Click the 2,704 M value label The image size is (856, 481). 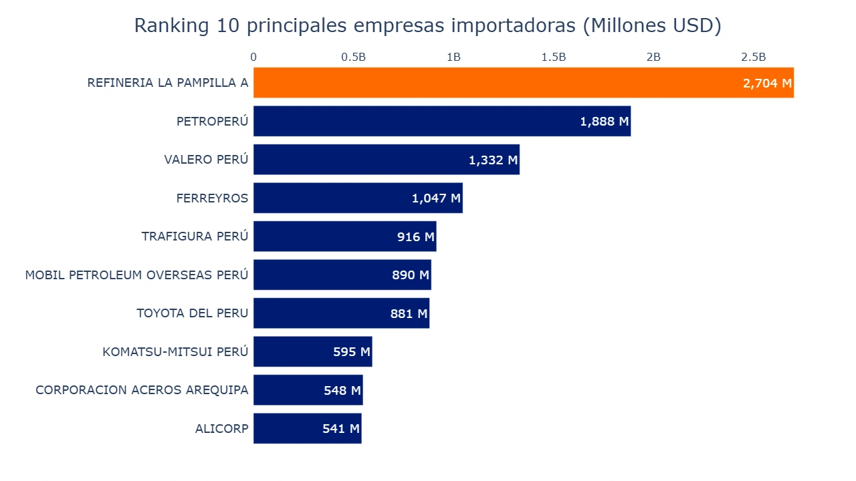[x=766, y=84]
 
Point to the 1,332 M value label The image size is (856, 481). [x=493, y=160]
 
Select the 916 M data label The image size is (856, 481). [x=415, y=237]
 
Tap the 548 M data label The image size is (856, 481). [x=342, y=390]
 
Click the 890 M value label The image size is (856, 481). [x=410, y=275]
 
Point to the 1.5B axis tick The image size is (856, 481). [x=553, y=57]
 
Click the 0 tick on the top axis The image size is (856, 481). [x=253, y=57]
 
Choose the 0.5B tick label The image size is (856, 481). [x=353, y=57]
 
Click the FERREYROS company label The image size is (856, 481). [x=212, y=198]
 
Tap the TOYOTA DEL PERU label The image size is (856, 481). [x=192, y=313]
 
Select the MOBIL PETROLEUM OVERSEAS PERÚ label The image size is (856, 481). [x=136, y=275]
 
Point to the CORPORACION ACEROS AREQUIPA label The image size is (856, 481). [x=142, y=390]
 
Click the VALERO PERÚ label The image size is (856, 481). [x=206, y=160]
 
